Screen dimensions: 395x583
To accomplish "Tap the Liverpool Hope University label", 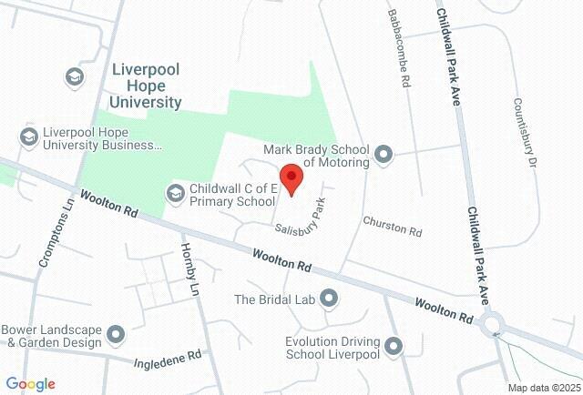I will coord(147,86).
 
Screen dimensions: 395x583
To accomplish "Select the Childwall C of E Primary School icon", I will coord(174,192).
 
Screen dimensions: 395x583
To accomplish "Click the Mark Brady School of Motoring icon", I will coord(384,155).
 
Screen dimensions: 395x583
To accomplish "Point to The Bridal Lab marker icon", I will coord(329,298).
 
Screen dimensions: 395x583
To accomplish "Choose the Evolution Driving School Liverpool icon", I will coord(394,345).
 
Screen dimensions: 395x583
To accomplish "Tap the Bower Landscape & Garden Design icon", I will coord(116,335).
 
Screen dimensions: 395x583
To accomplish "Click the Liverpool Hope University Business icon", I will coord(28,137).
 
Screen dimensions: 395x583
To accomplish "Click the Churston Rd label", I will coord(393,226).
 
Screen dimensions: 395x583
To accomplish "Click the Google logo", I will coord(30,384).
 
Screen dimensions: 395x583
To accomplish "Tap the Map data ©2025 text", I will coord(542,388).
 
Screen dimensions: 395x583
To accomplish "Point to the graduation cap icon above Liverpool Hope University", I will coord(73,76).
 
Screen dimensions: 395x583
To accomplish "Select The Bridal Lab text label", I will coord(273,299).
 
